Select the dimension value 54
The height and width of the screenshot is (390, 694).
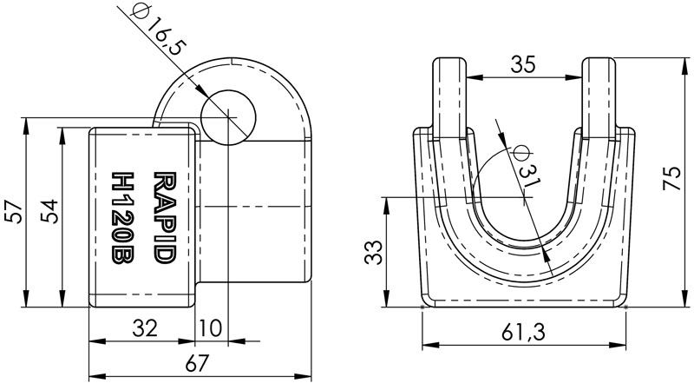coord(49,212)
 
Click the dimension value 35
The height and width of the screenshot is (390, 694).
coord(523,63)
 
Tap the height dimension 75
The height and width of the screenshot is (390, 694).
coord(672,179)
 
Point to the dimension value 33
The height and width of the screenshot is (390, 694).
coord(372,253)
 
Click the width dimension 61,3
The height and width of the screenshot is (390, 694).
coord(523,330)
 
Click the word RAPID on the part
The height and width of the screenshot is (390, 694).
coord(162,215)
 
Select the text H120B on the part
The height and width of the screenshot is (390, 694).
coord(124,215)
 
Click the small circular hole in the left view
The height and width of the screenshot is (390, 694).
coord(229,116)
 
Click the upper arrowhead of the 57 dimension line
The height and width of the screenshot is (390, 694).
coord(28,122)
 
